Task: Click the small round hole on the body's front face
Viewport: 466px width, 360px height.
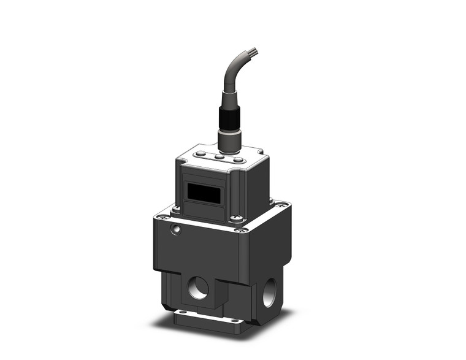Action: point(176,229)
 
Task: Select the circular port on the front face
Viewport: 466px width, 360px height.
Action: point(198,288)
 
